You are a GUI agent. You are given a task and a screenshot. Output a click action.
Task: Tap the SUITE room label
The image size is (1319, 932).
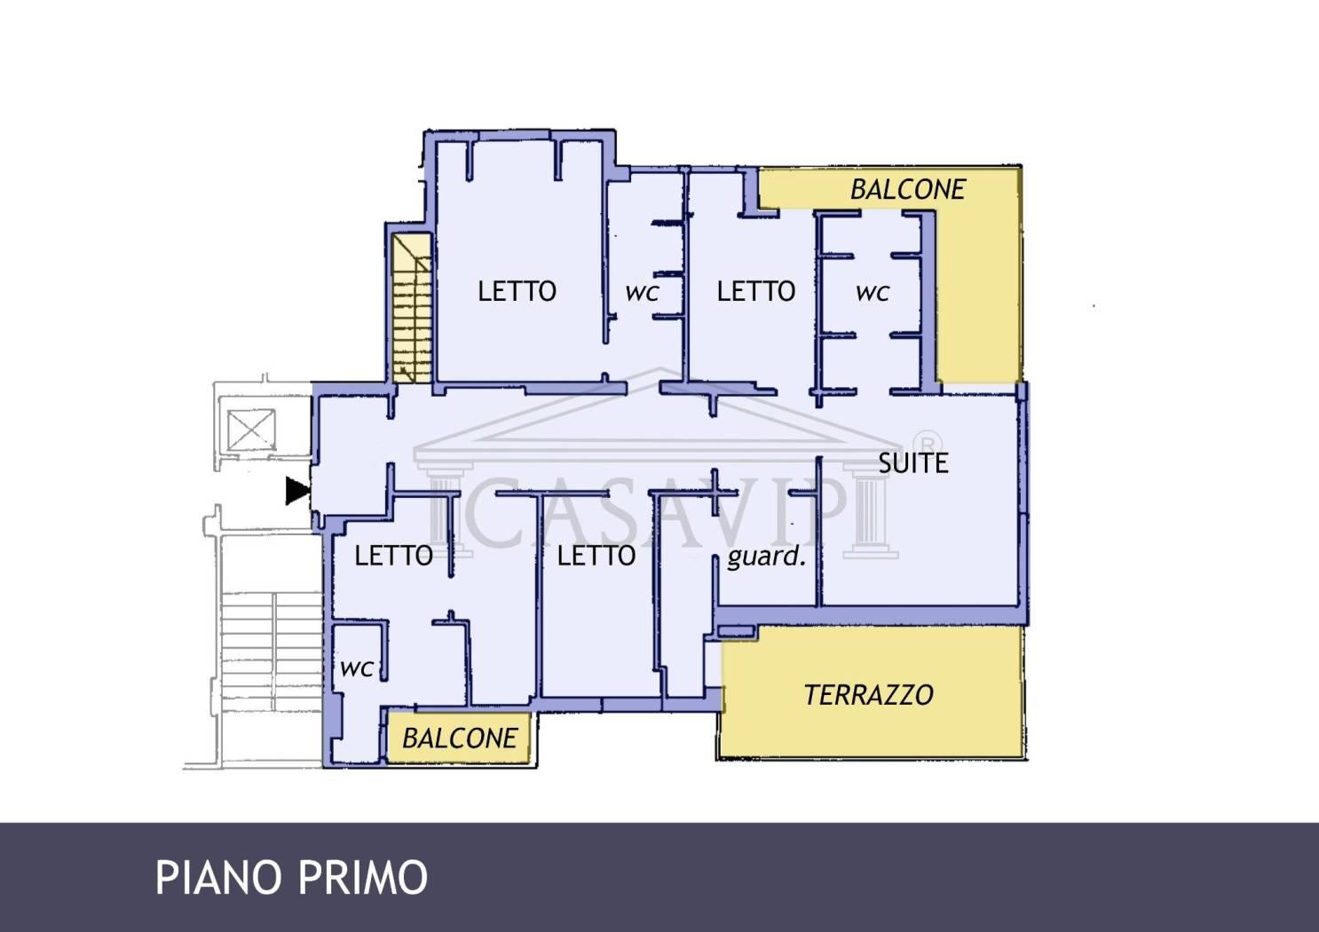point(913,463)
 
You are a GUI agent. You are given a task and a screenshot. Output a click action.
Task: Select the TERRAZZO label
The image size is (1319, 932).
point(869,695)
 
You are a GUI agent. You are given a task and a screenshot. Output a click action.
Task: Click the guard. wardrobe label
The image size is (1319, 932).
point(766,556)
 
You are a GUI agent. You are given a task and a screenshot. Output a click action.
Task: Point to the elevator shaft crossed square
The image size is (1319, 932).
point(251,430)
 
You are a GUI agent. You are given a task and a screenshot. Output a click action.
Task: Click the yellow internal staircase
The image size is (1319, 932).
point(412,309)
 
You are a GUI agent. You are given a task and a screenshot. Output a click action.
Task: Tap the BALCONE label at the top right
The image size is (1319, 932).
point(908,190)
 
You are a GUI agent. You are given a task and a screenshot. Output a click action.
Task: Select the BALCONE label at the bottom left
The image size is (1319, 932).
point(460,738)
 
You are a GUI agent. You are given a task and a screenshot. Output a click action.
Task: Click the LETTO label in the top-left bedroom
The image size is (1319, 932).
point(517,291)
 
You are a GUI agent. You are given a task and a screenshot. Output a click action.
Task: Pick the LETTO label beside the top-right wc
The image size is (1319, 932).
point(756,291)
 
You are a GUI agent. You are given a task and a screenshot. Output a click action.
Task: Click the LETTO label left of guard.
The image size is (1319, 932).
point(596,556)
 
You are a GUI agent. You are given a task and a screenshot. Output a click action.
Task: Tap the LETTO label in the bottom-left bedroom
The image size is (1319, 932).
point(394,556)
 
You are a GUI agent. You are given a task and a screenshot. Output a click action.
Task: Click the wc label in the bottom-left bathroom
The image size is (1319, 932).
point(357,669)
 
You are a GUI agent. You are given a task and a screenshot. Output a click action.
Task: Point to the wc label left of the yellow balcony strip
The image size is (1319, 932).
point(873,293)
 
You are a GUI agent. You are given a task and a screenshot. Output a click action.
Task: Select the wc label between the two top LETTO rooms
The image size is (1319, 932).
point(642,293)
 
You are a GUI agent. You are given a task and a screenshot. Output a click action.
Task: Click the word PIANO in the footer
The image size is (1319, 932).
point(220,878)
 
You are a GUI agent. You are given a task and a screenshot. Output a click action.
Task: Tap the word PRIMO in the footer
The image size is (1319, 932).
point(363,878)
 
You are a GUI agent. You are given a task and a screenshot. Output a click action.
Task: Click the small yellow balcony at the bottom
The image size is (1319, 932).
point(458,738)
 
